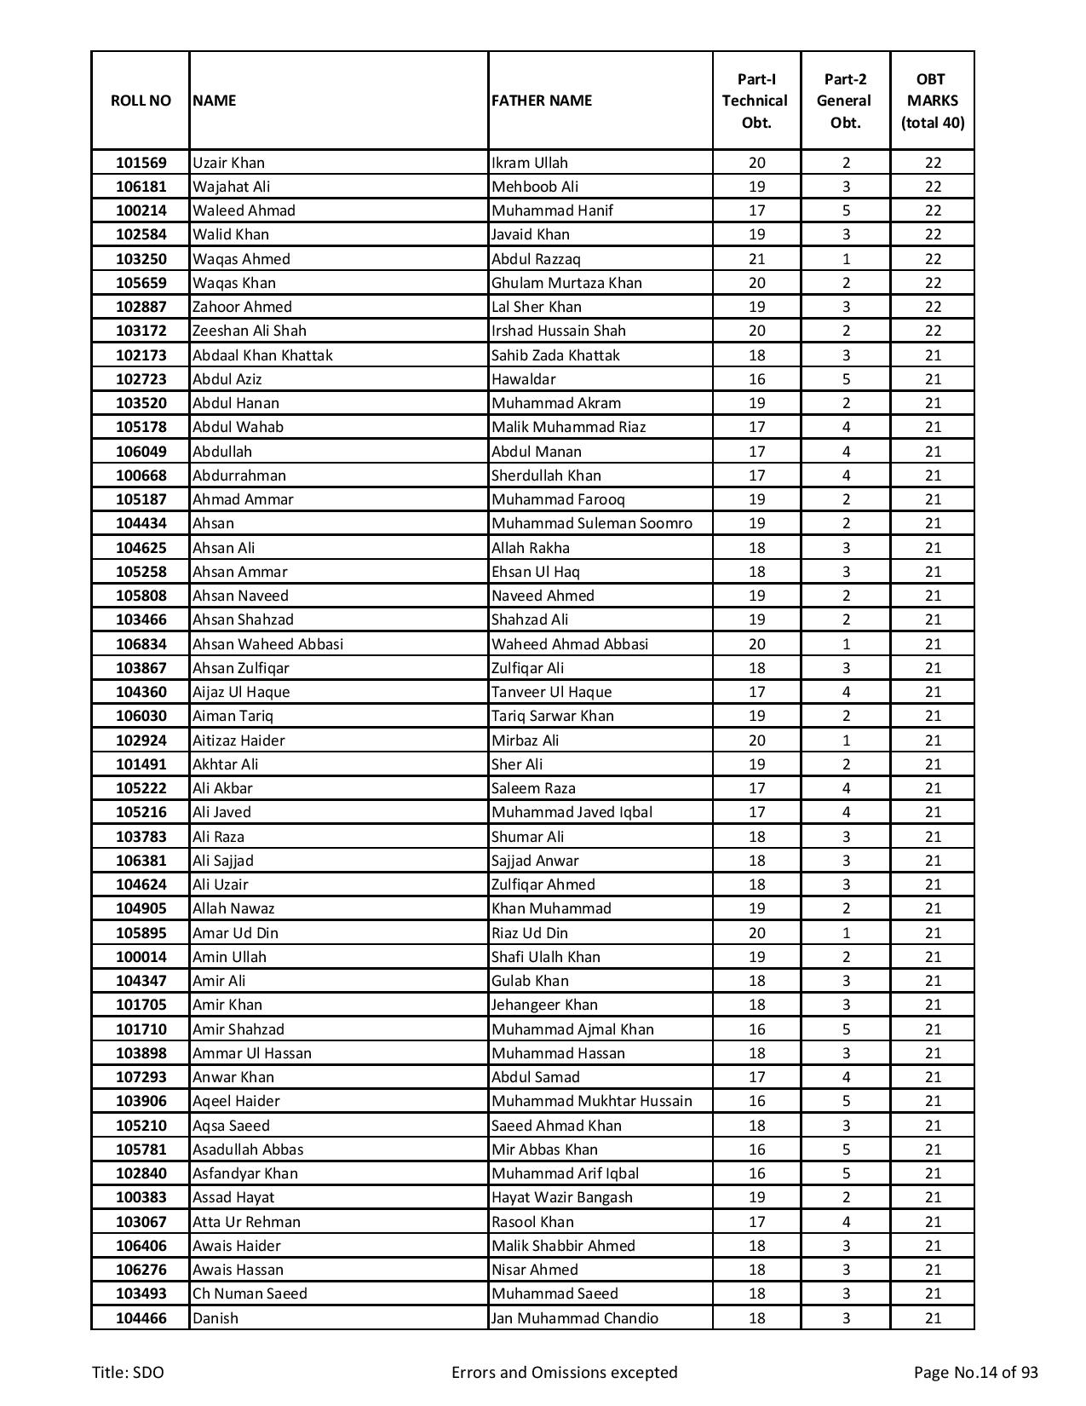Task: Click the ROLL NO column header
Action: [141, 101]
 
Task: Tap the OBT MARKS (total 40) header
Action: [932, 101]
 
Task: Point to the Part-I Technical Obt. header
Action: [756, 101]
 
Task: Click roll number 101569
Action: [141, 163]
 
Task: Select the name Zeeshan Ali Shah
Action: [249, 331]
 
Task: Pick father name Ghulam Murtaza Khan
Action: [566, 283]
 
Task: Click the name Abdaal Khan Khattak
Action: [262, 355]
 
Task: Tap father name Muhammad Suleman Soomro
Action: [591, 523]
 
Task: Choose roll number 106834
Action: [141, 644]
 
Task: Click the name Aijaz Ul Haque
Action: [241, 692]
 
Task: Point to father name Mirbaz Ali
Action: [525, 740]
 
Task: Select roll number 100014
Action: [141, 957]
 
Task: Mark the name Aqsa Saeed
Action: [231, 1126]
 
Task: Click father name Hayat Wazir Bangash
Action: [561, 1197]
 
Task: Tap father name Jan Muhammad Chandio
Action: [574, 1318]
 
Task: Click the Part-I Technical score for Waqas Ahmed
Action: [756, 259]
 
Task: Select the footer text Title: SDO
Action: [129, 1372]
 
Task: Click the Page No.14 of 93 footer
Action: [975, 1372]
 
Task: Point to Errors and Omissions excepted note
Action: [564, 1372]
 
